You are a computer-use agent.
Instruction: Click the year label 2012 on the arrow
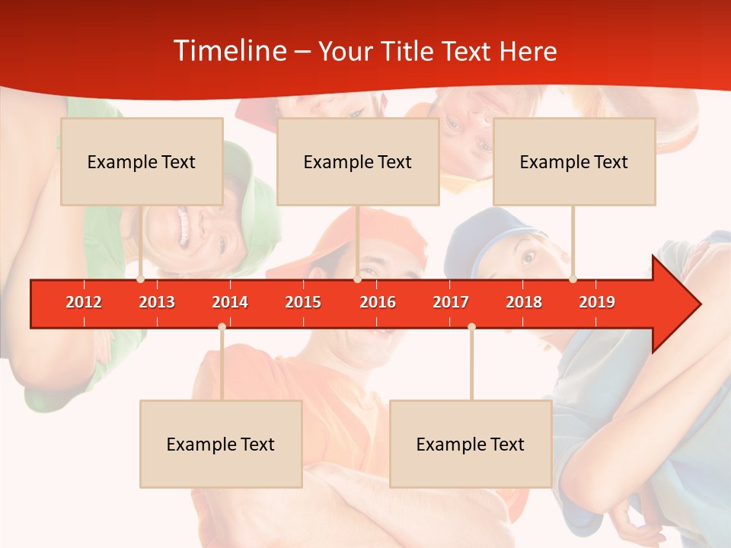click(84, 302)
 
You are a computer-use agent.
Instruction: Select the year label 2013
click(157, 302)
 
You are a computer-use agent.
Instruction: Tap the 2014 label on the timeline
click(230, 302)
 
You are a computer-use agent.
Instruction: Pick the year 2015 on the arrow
click(303, 302)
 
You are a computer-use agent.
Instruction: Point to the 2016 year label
click(378, 302)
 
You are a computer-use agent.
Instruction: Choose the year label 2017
click(451, 302)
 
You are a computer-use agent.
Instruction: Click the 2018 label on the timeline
click(524, 302)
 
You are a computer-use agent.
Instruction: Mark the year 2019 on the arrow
click(597, 302)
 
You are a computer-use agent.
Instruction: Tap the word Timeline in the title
click(229, 51)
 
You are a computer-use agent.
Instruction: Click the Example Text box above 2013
click(142, 161)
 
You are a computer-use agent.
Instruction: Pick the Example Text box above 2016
click(358, 161)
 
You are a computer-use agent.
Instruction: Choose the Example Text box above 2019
click(574, 161)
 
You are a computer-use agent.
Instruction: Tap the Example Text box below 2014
click(221, 444)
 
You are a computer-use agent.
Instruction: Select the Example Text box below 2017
click(471, 444)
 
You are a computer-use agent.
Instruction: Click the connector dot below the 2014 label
click(222, 327)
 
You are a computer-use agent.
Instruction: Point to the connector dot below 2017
click(471, 327)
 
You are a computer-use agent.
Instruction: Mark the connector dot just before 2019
click(573, 279)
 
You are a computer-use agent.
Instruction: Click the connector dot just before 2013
click(140, 279)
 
